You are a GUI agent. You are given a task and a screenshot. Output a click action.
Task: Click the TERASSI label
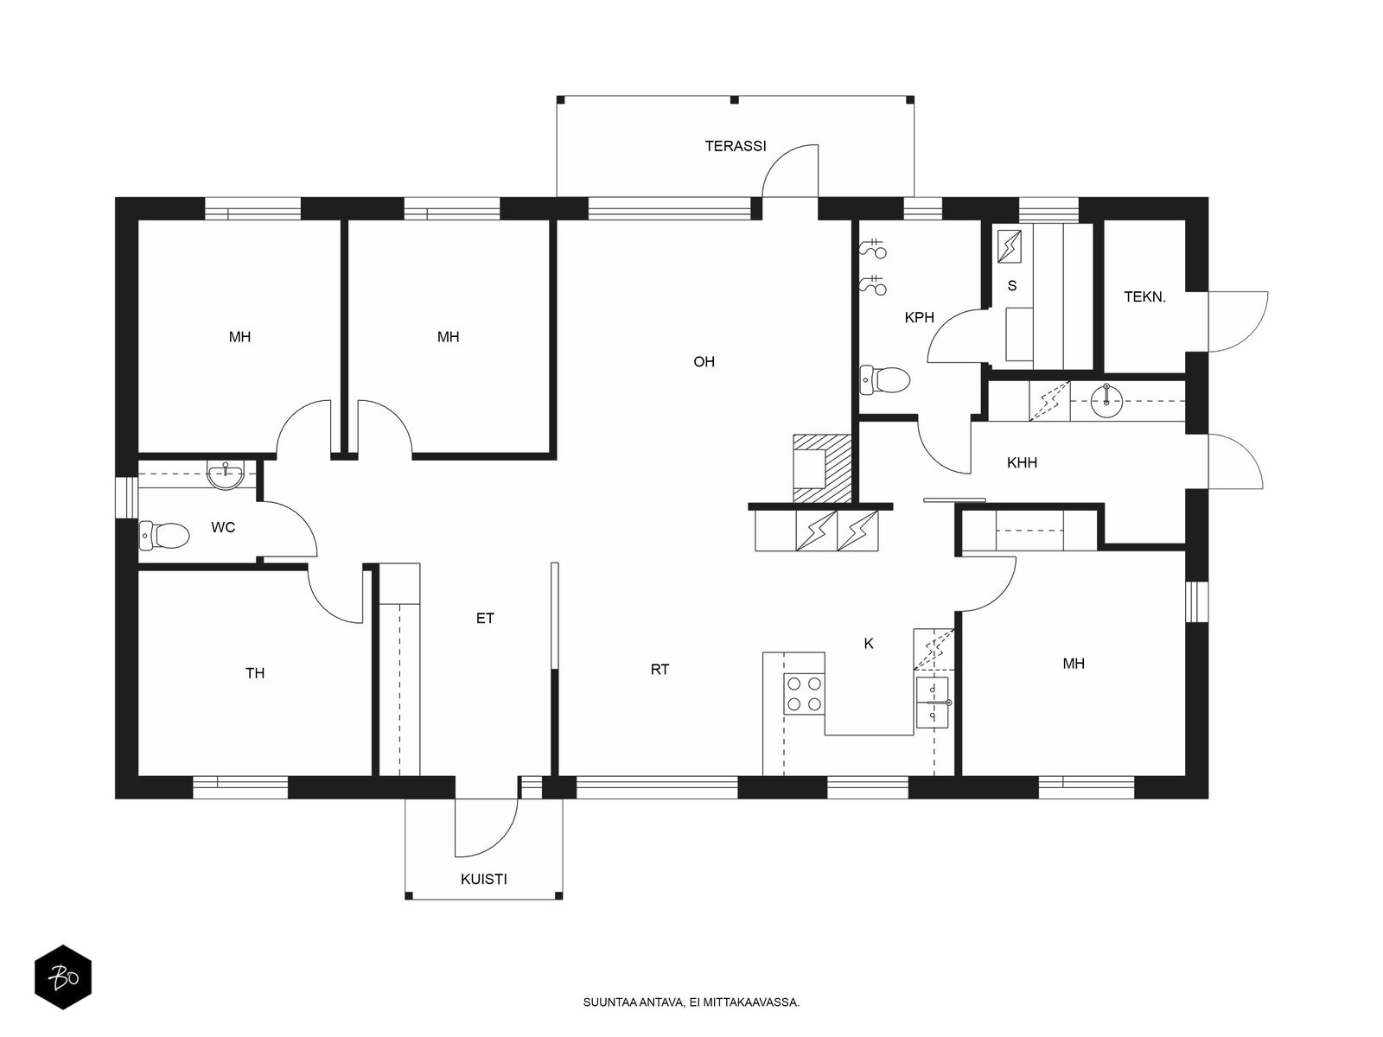pyautogui.click(x=736, y=146)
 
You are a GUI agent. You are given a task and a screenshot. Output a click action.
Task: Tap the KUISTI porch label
pyautogui.click(x=483, y=879)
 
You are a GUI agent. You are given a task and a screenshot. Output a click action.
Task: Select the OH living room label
pyautogui.click(x=704, y=361)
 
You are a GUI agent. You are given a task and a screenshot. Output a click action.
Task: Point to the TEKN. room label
pyautogui.click(x=1144, y=297)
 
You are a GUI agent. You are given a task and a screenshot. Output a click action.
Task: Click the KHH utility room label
pyautogui.click(x=1022, y=463)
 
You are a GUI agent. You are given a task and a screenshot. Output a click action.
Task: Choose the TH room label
pyautogui.click(x=254, y=673)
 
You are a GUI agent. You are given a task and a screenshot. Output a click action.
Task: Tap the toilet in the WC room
pyautogui.click(x=164, y=536)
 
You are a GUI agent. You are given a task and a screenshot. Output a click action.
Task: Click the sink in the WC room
pyautogui.click(x=226, y=474)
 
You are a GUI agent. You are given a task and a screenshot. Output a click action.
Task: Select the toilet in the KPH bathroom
pyautogui.click(x=884, y=379)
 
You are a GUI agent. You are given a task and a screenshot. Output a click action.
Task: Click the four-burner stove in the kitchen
pyautogui.click(x=804, y=693)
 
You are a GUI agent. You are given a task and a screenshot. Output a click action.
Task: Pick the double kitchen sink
pyautogui.click(x=933, y=703)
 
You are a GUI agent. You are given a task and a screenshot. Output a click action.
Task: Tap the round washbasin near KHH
pyautogui.click(x=1106, y=400)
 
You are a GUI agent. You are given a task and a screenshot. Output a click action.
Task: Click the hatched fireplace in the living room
pyautogui.click(x=823, y=468)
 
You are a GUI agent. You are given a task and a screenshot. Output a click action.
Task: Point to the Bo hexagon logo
pyautogui.click(x=63, y=977)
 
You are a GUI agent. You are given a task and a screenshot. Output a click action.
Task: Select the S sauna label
pyautogui.click(x=1012, y=286)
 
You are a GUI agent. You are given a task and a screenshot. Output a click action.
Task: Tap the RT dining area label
pyautogui.click(x=660, y=669)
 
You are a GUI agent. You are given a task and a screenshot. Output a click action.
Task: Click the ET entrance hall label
pyautogui.click(x=485, y=618)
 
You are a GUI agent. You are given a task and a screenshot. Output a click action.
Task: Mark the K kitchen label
pyautogui.click(x=869, y=644)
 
